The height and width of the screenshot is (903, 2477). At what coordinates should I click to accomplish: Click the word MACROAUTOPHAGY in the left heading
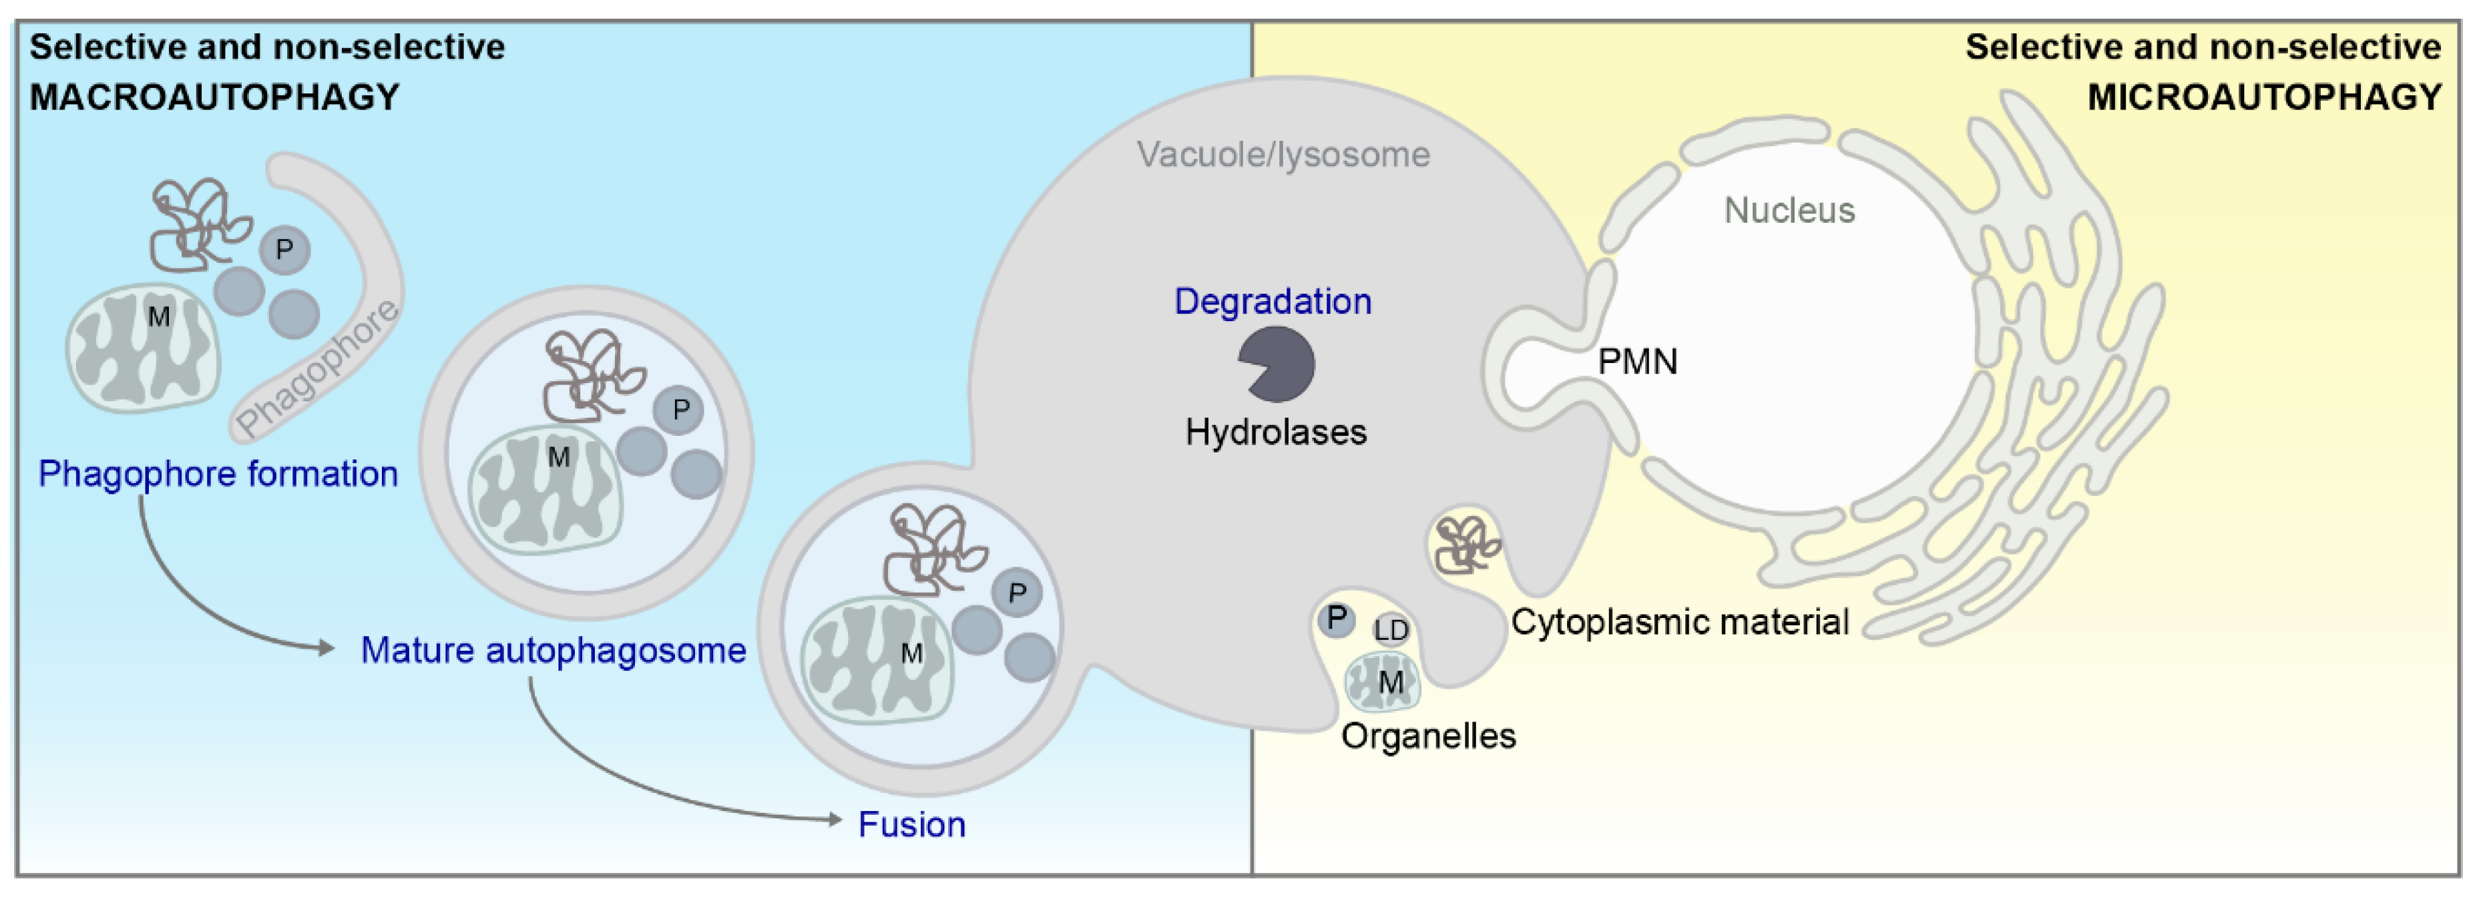tap(214, 97)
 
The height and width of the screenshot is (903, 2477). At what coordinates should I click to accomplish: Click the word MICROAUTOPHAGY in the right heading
tap(2265, 97)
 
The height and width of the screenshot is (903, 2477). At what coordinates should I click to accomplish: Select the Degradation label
tap(1272, 302)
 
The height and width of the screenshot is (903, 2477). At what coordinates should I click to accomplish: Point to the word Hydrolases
tap(1275, 432)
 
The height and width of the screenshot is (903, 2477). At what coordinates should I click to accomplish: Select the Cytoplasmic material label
tap(1679, 622)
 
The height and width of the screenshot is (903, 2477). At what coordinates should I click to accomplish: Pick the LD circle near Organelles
tap(1391, 630)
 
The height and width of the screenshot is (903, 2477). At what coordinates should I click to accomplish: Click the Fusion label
tap(911, 825)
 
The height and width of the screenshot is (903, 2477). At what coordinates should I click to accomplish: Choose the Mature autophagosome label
tap(553, 651)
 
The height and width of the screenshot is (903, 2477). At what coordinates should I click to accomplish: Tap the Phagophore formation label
tap(217, 474)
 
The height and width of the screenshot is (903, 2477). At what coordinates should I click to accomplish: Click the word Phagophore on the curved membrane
tap(317, 368)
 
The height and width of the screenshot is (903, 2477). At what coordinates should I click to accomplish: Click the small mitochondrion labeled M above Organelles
tap(1383, 681)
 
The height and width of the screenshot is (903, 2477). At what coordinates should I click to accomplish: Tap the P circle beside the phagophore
tap(284, 250)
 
